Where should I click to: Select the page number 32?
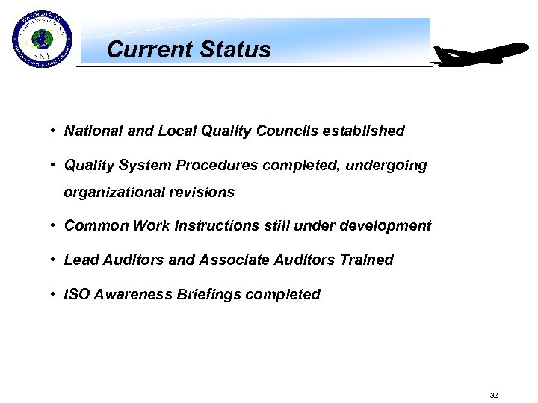[493, 395]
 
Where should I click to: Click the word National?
[93, 131]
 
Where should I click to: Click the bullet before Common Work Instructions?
[55, 225]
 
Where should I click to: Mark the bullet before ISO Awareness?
[55, 294]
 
